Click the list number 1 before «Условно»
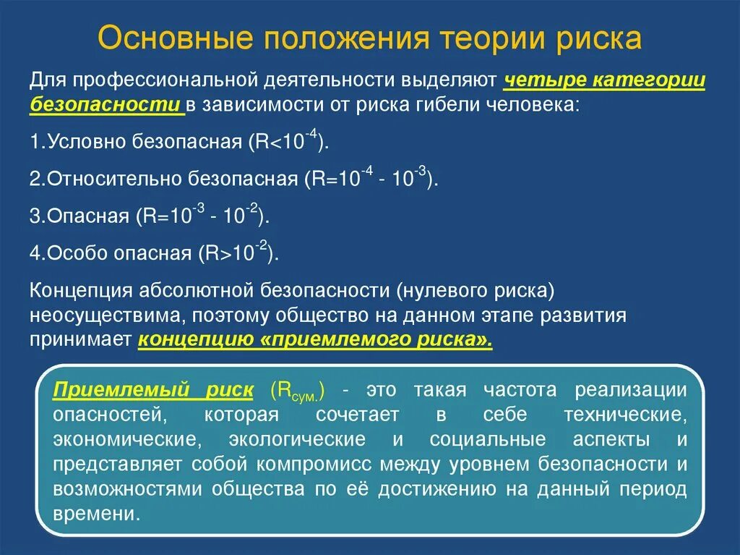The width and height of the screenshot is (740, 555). (35, 141)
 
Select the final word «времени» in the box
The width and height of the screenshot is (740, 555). (95, 514)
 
